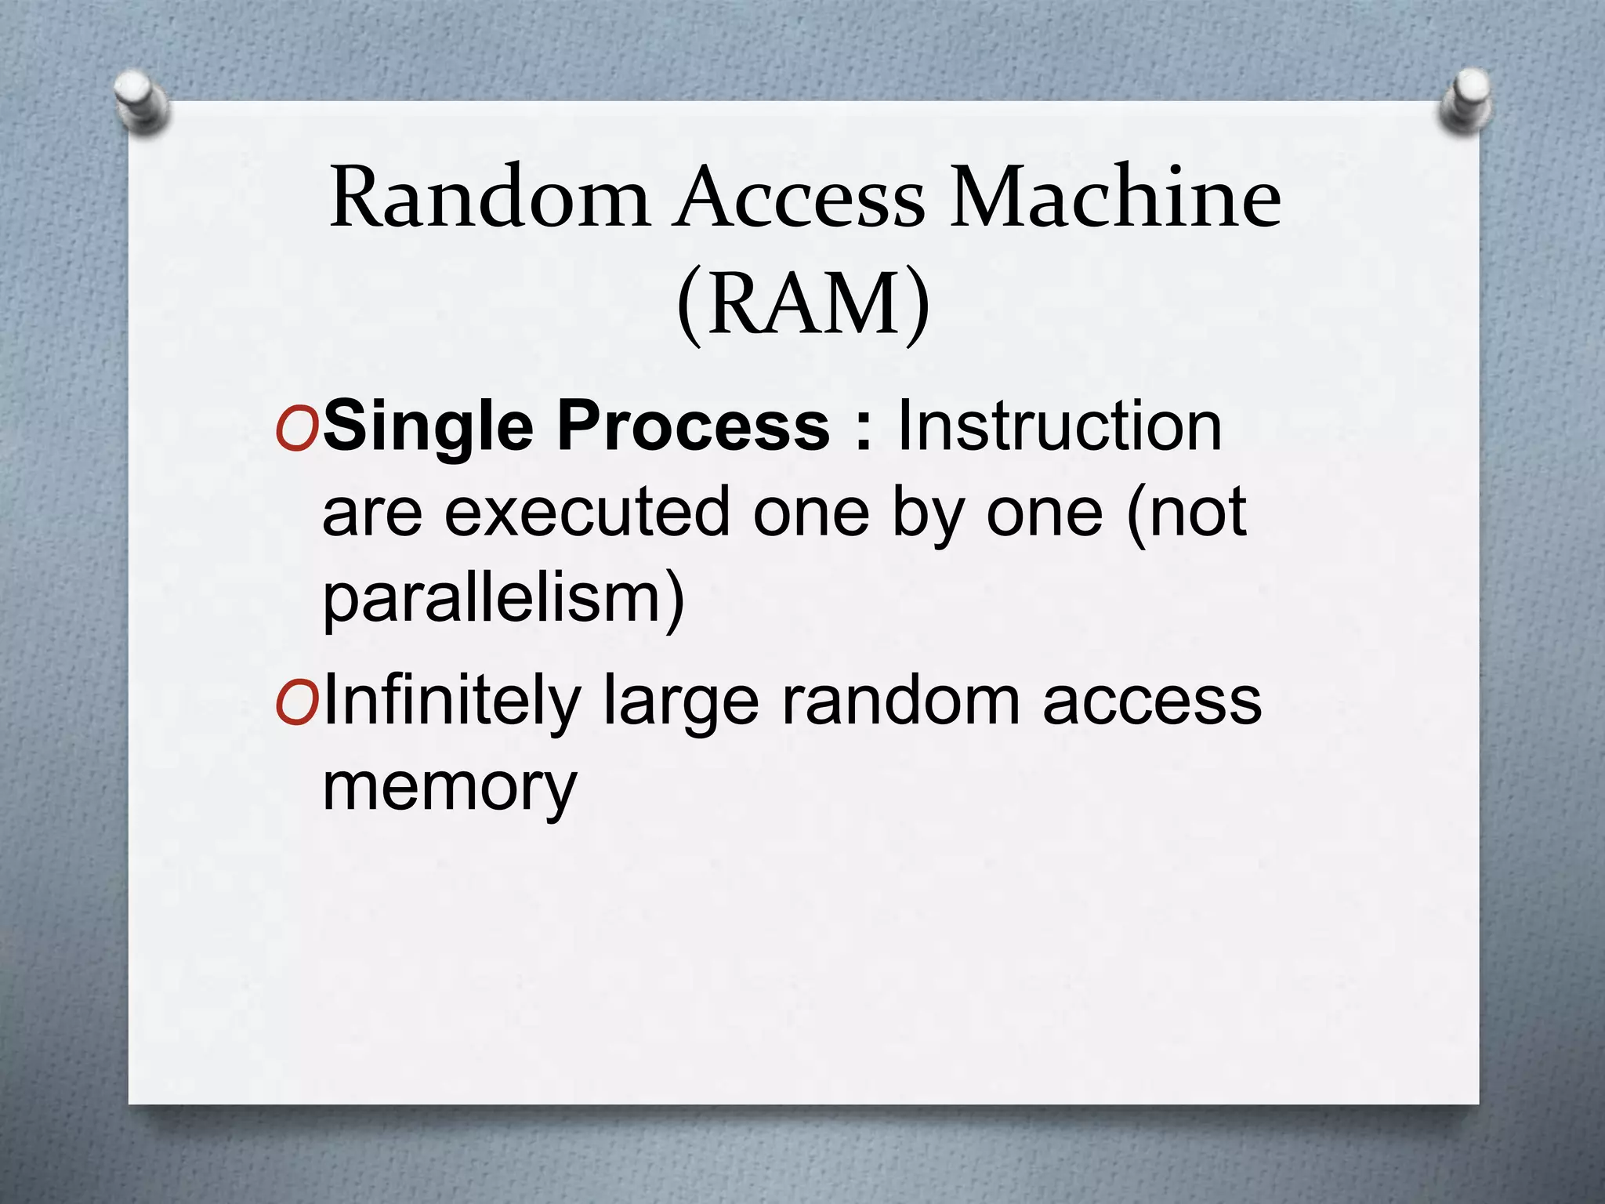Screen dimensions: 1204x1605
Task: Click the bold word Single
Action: (428, 427)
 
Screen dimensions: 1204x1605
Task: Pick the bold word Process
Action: (694, 427)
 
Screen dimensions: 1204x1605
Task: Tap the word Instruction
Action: (1060, 427)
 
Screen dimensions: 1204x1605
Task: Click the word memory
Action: (450, 789)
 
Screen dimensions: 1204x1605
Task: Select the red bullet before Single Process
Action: (297, 430)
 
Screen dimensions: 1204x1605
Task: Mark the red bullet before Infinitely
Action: (297, 703)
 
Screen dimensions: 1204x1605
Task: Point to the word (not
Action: (1185, 513)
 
